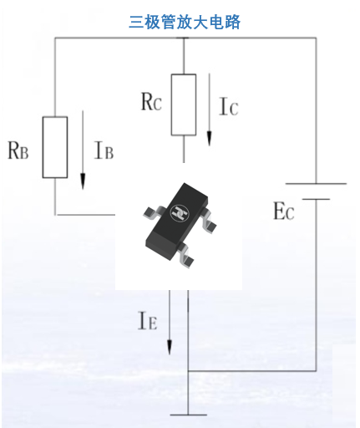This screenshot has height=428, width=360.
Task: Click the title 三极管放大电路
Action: pyautogui.click(x=185, y=22)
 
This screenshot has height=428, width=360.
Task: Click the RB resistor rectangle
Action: pyautogui.click(x=55, y=147)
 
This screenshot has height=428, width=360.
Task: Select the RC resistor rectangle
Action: pyautogui.click(x=184, y=104)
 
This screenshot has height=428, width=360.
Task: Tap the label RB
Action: pyautogui.click(x=18, y=150)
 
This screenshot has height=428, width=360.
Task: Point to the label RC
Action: pyautogui.click(x=151, y=101)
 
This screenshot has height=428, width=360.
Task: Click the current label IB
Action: pyautogui.click(x=104, y=150)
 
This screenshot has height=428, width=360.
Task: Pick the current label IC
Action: pyautogui.click(x=229, y=106)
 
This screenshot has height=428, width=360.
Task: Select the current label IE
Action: pyautogui.click(x=148, y=321)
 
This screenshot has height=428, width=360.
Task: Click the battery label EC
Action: pyautogui.click(x=284, y=211)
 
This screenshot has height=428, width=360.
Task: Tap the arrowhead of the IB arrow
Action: pyautogui.click(x=83, y=181)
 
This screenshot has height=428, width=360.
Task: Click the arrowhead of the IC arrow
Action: pyautogui.click(x=209, y=138)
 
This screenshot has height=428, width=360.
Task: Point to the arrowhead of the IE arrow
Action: pyautogui.click(x=170, y=347)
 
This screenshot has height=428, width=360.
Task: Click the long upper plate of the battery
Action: pyautogui.click(x=316, y=184)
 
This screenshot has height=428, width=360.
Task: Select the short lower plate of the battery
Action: pyautogui.click(x=316, y=199)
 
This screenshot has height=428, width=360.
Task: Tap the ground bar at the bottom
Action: pyautogui.click(x=188, y=415)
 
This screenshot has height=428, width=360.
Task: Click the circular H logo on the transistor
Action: pyautogui.click(x=180, y=213)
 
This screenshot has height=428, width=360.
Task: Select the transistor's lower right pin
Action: pyautogui.click(x=185, y=255)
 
